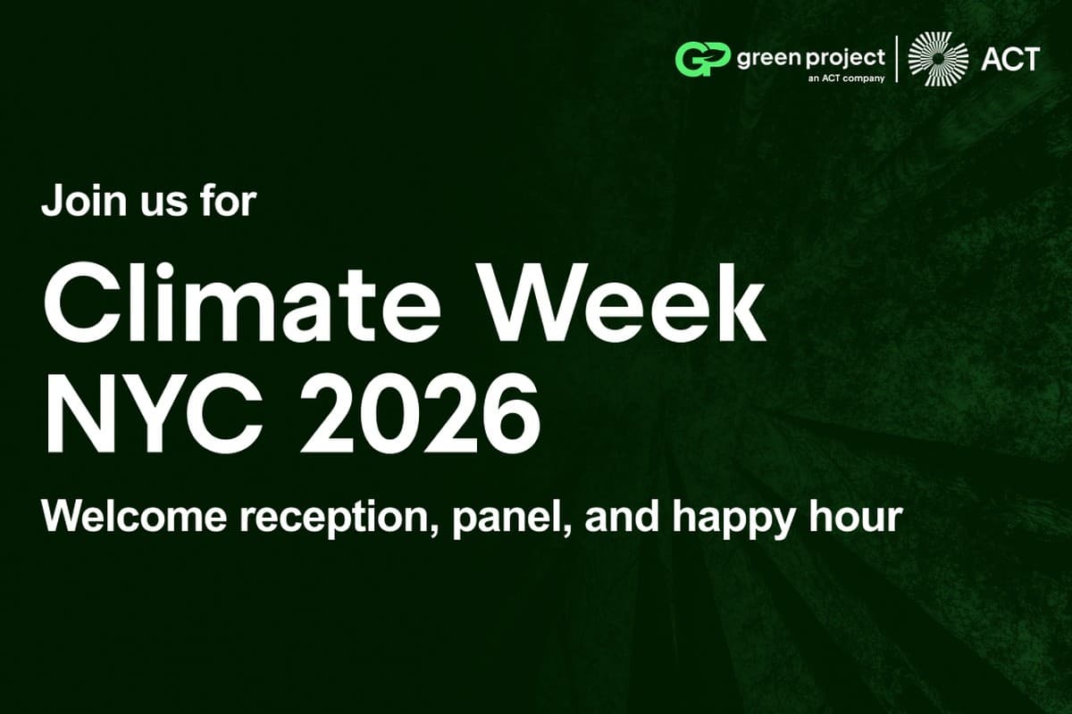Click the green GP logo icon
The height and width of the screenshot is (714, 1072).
(702, 59)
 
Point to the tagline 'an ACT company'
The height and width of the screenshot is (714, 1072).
(846, 79)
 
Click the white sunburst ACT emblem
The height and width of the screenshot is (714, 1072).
(938, 59)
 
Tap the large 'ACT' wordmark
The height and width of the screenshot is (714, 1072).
(1010, 59)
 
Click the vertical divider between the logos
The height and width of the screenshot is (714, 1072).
(896, 59)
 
